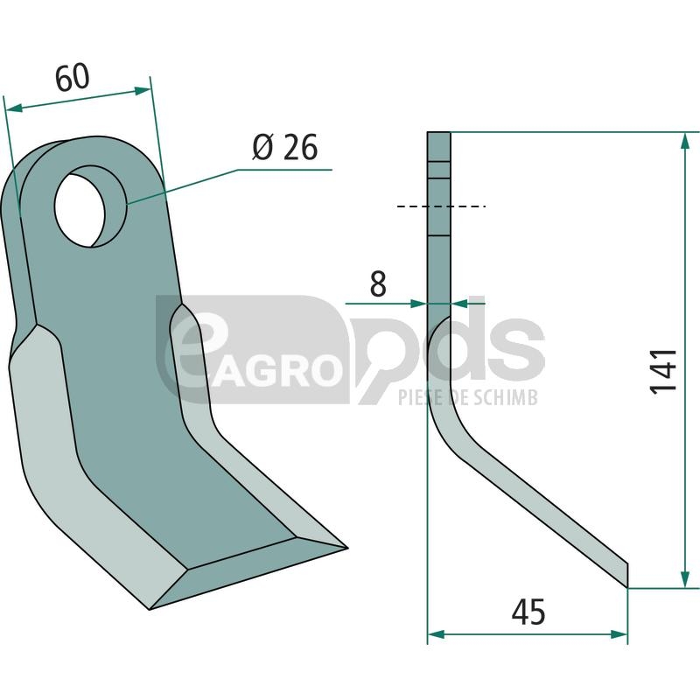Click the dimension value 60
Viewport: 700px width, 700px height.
click(x=73, y=77)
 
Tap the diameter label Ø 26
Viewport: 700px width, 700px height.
click(x=285, y=147)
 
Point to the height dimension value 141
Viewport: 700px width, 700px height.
click(x=663, y=371)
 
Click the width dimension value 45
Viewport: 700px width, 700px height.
click(x=528, y=612)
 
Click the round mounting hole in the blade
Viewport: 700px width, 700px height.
click(x=80, y=210)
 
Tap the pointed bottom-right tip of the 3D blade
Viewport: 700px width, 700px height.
click(x=347, y=548)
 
